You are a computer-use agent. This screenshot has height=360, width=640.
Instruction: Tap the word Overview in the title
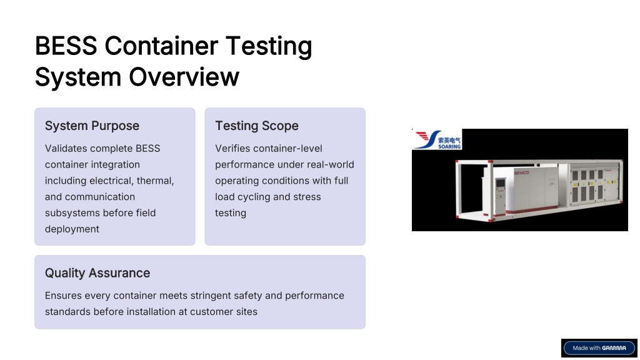(184, 77)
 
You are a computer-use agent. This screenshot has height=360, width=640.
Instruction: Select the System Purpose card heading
(92, 126)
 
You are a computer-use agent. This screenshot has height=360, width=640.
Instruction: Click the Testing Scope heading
(257, 126)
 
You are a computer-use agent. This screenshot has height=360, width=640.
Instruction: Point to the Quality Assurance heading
(97, 272)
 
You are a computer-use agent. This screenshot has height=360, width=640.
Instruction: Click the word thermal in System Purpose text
(156, 181)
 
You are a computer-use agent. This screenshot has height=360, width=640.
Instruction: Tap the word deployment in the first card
(72, 229)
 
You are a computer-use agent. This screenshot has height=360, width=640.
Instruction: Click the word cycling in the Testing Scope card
(255, 197)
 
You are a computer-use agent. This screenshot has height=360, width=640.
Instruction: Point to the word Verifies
(232, 148)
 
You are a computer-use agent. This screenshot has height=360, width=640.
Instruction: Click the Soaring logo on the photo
(437, 139)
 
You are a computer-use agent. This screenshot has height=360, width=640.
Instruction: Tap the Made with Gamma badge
(599, 348)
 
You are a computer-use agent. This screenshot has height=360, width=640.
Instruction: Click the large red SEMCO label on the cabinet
(521, 172)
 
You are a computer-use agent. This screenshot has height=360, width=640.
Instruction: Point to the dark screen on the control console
(500, 184)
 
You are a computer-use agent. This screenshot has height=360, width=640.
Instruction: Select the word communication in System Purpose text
(100, 197)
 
